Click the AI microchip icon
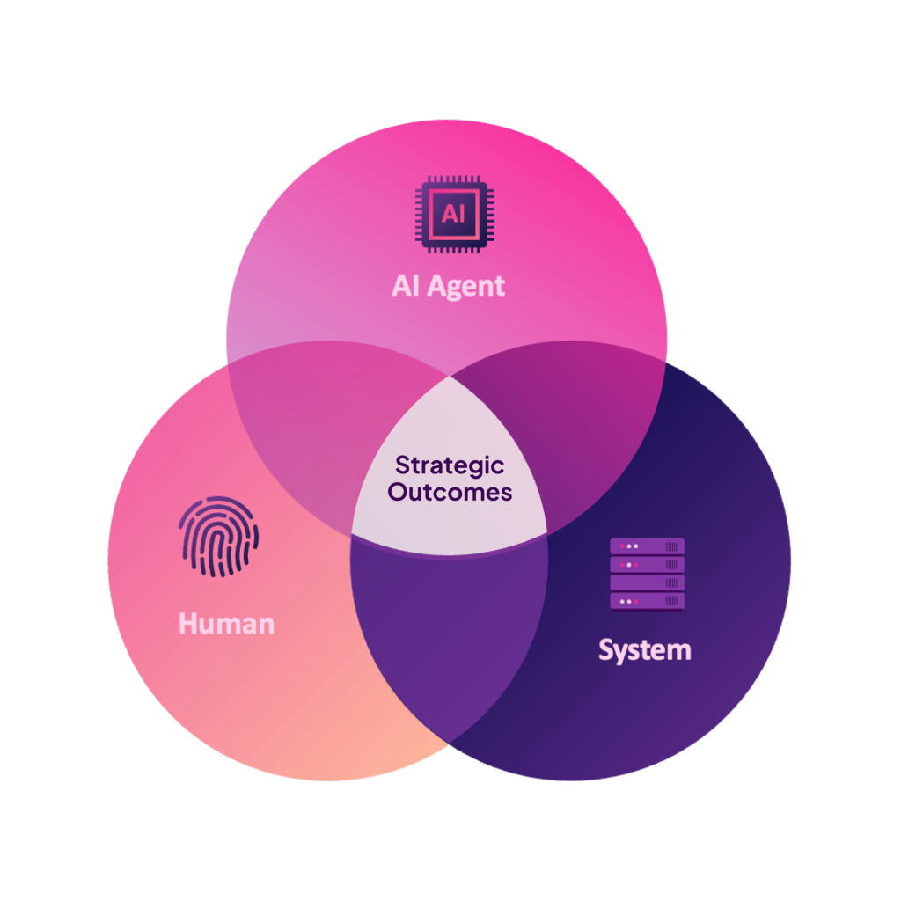click(455, 215)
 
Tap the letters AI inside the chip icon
click(453, 214)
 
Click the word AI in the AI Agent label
click(406, 286)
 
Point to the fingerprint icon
click(218, 536)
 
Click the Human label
click(227, 624)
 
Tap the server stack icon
click(647, 574)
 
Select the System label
click(645, 650)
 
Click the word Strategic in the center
click(450, 466)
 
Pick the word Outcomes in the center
click(450, 493)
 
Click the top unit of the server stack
click(647, 546)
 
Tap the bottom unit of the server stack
click(647, 601)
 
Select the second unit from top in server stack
click(647, 564)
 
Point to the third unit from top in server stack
click(647, 582)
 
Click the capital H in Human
click(188, 624)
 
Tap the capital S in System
click(607, 649)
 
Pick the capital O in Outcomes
click(399, 493)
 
